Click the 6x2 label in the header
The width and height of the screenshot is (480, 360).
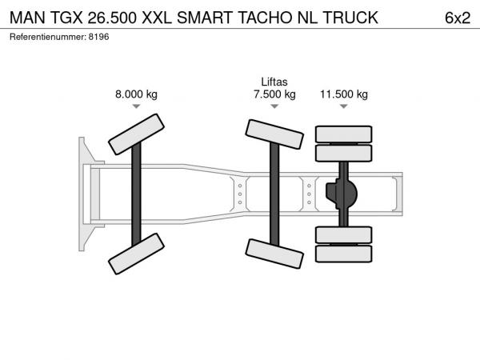click(458, 18)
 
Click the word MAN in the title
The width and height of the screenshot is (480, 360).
click(27, 18)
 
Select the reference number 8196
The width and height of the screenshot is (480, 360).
click(98, 37)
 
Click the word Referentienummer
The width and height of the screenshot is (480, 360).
click(47, 37)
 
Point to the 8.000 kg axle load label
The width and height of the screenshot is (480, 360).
click(136, 94)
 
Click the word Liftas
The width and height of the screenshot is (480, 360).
click(274, 82)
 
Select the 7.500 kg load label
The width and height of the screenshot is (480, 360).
click(274, 94)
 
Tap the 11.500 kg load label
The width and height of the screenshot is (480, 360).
click(344, 94)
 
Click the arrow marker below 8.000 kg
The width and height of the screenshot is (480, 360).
click(136, 106)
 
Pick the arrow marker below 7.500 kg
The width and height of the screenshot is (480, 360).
click(274, 106)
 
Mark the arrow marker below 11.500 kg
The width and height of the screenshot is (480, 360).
click(344, 106)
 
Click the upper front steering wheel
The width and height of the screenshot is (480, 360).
click(136, 134)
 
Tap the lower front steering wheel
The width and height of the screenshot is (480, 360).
click(136, 254)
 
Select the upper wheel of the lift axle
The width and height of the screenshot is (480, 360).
click(274, 134)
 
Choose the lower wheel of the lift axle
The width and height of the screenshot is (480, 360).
click(274, 254)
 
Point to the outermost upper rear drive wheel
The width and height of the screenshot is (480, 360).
click(344, 134)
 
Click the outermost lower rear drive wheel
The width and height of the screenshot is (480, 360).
click(344, 254)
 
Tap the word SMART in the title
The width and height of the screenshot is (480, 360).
click(205, 18)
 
